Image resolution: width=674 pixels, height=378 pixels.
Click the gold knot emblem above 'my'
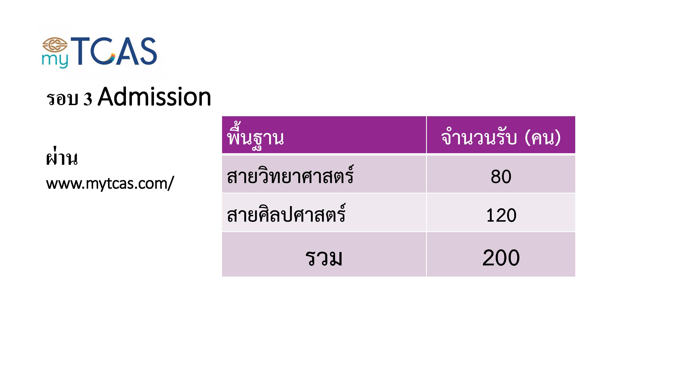[55, 45]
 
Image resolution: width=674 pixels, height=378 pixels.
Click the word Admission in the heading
[154, 97]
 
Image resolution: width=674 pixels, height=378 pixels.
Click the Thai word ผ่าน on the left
[62, 158]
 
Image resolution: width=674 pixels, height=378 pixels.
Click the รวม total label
[324, 258]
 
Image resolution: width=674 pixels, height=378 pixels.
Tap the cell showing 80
[501, 176]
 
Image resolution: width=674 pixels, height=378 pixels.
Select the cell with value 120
[501, 215]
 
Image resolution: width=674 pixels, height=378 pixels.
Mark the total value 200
[501, 258]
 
